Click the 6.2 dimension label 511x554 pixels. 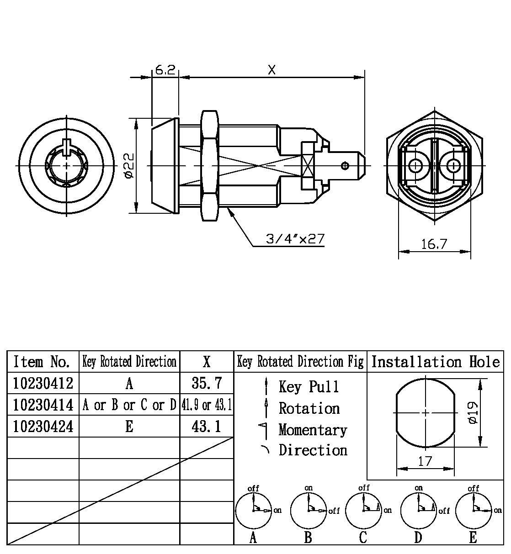pos(165,70)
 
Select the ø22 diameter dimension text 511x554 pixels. pos(128,165)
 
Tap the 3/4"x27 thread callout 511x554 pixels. pos(294,239)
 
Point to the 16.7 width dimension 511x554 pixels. pos(433,244)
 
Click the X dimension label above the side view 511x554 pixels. pos(272,70)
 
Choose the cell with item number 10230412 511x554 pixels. pos(43,383)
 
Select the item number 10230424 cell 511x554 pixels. pos(43,427)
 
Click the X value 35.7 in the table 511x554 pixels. pos(207,383)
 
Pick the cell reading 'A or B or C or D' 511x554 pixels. pos(129,405)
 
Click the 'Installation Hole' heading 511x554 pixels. pos(435,362)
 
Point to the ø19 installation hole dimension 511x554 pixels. pos(473,412)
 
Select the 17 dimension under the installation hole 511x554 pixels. pos(425,462)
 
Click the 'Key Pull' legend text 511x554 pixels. pos(309,387)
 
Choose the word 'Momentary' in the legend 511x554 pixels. pos(313,430)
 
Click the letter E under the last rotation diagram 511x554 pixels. pos(473,538)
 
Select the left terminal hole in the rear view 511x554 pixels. pos(415,165)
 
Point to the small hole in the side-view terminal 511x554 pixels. pos(347,165)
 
